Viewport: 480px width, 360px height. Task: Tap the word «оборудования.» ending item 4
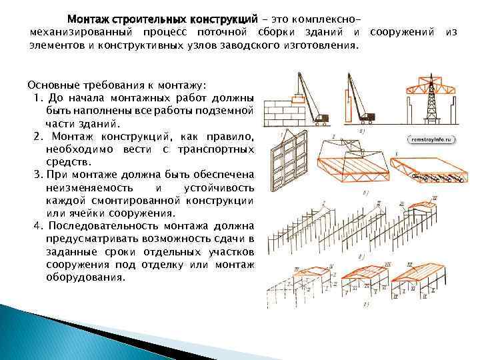pos(85,276)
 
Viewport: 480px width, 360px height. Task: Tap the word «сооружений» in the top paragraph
pos(404,32)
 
